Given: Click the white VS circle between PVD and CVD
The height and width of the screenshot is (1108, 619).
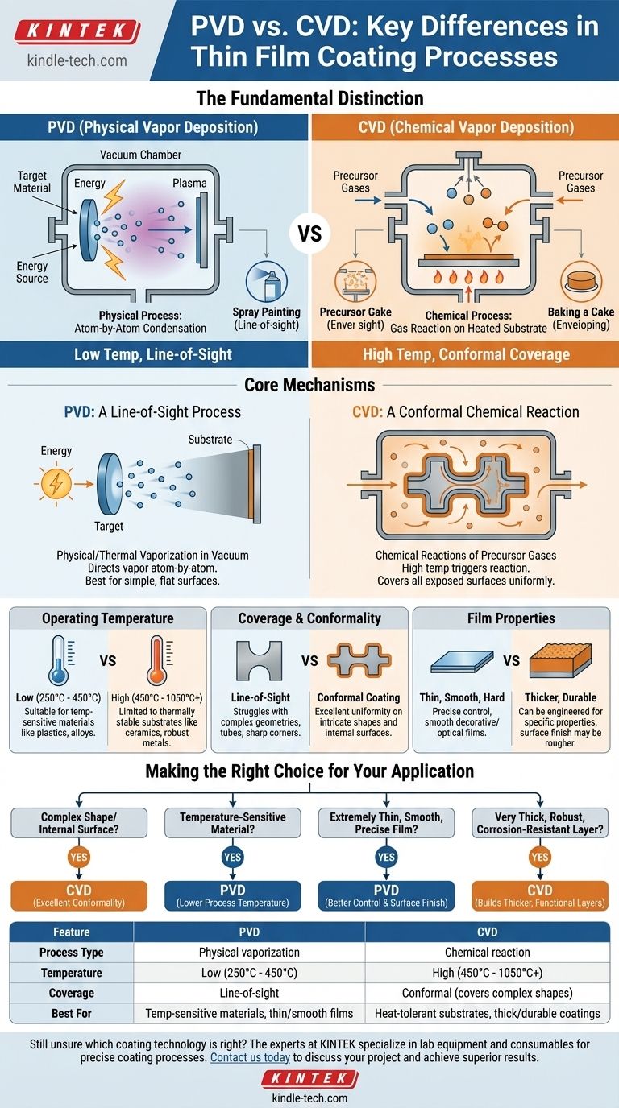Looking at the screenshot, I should [309, 234].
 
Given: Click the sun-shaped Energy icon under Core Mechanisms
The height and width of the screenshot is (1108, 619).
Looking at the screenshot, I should [56, 483].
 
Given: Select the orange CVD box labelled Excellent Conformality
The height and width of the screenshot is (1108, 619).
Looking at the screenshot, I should [78, 895].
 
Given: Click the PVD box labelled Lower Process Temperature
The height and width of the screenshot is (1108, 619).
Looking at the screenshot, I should [233, 895].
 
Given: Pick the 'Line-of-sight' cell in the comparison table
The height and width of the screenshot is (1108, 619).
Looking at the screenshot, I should [249, 993].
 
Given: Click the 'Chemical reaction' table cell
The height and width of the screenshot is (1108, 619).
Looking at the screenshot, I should [488, 953].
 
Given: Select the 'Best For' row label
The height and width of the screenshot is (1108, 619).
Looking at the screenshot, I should [72, 1014].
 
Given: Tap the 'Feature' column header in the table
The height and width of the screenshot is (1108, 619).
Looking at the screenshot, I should [72, 932].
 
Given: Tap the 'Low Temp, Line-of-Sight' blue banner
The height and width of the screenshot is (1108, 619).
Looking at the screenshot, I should [154, 353].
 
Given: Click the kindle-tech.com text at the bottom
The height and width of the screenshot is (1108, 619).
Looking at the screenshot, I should [309, 1098].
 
